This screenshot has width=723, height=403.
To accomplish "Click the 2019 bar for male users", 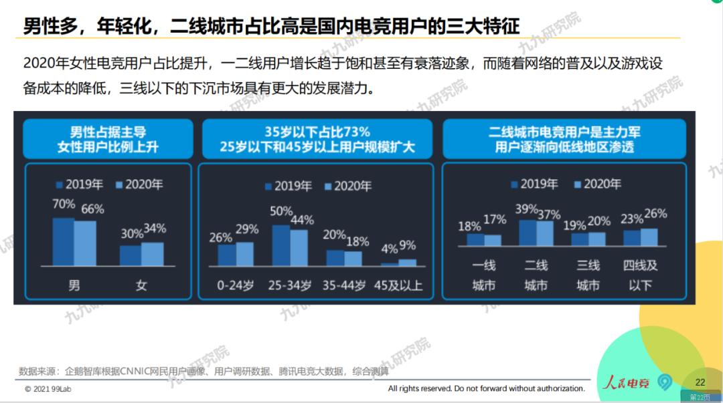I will click(x=64, y=241).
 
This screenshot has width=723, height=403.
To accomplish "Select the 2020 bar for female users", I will click(x=153, y=254).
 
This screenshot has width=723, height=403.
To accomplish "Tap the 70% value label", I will click(x=64, y=205).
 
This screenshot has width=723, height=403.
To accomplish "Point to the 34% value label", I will click(x=155, y=229).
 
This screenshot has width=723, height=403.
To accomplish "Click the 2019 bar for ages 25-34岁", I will click(x=281, y=245).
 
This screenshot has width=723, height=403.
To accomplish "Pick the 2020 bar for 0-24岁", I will click(x=245, y=253).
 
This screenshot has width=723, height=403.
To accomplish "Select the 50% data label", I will click(x=281, y=212).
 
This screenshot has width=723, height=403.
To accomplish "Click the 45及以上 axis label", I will click(x=398, y=285).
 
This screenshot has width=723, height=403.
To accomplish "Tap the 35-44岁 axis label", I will click(x=342, y=285).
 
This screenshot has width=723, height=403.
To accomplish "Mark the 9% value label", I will click(x=408, y=245).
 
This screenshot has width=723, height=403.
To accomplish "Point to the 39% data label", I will click(x=527, y=209).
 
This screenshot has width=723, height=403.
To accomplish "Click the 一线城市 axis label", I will click(x=484, y=275).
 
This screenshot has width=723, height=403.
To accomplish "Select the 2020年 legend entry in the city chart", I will click(x=597, y=184).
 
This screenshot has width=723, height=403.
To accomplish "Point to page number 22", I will click(x=700, y=382).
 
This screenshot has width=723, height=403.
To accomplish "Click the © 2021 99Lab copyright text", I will click(x=50, y=388).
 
